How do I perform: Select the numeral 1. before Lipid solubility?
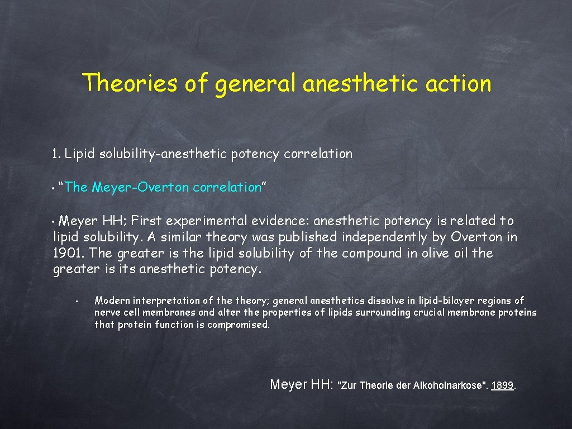[x=56, y=154]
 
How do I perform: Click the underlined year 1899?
[x=502, y=385]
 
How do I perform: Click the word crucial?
[x=430, y=313]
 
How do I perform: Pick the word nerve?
[x=107, y=313]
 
